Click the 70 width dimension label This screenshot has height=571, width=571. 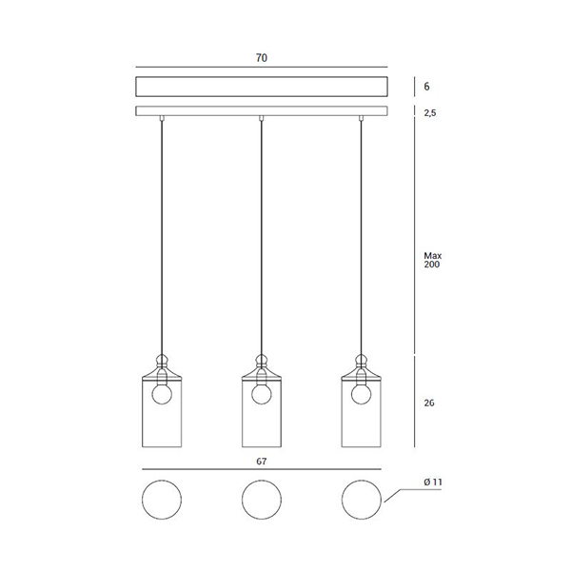[x=262, y=58]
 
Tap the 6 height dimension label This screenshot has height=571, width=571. [x=426, y=87]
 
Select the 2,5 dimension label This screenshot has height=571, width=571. [x=430, y=113]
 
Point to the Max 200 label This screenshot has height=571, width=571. [x=432, y=260]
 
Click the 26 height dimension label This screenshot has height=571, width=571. [x=429, y=403]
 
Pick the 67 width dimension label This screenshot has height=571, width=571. [x=262, y=462]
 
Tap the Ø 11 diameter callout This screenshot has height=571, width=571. [x=433, y=482]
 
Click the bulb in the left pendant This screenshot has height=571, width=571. [x=162, y=394]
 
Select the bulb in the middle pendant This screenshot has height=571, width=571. [x=262, y=394]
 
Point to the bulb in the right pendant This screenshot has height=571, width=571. [x=362, y=394]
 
